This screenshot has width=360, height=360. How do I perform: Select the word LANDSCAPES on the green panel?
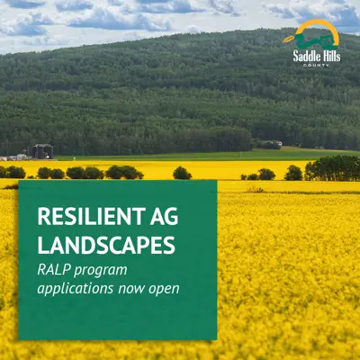point(106,245)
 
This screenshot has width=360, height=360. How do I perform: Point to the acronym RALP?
point(54,270)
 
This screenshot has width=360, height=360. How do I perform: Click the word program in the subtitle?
point(101,272)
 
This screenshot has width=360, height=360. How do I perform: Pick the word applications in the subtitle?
point(76,289)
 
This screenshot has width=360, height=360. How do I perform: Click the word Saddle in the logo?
point(307,56)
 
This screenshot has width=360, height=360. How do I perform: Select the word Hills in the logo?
point(332,56)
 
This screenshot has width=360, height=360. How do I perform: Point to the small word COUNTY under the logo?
point(316,65)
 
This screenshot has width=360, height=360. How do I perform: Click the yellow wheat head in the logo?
point(289,39)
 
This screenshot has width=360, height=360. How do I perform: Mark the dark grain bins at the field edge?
point(43,151)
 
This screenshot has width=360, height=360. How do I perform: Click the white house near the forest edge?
point(278,143)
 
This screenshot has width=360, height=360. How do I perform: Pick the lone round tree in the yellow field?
point(182,173)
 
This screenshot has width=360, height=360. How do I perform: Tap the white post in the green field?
point(240,155)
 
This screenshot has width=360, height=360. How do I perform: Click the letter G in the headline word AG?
point(172,216)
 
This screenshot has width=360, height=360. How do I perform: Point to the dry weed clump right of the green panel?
point(256,190)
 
